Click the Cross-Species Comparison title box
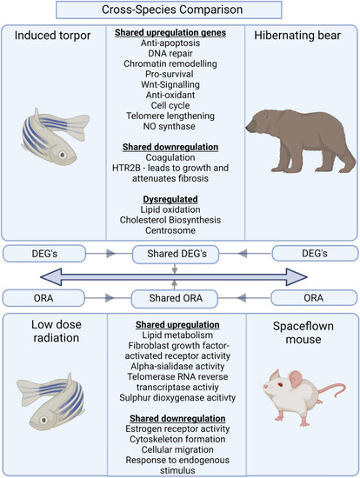[x=169, y=10]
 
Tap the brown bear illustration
[x=301, y=141]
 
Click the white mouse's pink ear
[x=295, y=379]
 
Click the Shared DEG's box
[x=176, y=254]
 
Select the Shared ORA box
[x=175, y=298]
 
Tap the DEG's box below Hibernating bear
[x=315, y=253]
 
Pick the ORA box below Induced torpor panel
[x=43, y=298]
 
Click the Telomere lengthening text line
[x=170, y=116]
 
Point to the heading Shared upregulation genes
[x=170, y=33]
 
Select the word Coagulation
[x=170, y=157]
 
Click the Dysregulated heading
[x=170, y=199]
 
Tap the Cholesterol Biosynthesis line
[x=170, y=220]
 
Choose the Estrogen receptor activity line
[x=177, y=429]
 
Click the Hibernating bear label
[x=297, y=36]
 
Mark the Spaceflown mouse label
[x=303, y=333]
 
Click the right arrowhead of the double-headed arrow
[x=297, y=277]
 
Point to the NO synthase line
[x=170, y=126]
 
